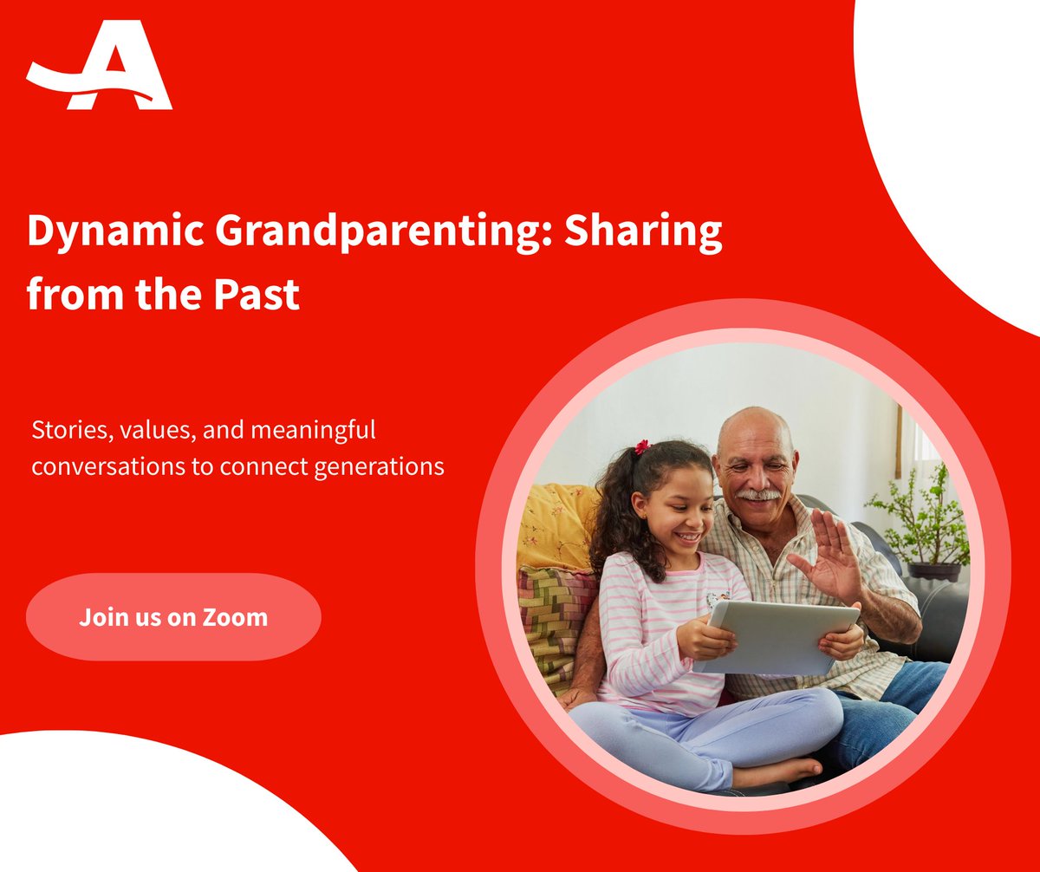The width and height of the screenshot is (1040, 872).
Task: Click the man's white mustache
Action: pos(758,495)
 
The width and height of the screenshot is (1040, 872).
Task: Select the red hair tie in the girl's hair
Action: pos(642,447)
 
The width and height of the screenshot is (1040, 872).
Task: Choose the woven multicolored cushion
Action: pos(555,624)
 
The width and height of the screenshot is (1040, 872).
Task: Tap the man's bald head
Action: pos(754,429)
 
